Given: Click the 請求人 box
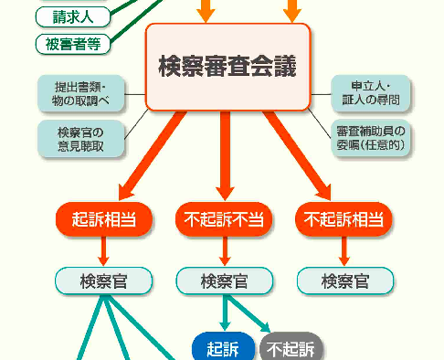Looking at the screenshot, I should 72,16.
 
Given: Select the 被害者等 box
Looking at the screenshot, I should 72,43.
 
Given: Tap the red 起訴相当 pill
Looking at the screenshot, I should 103,219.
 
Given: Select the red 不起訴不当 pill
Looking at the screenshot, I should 224,219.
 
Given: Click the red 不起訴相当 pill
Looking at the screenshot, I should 344,219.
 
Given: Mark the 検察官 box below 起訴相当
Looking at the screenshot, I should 103,281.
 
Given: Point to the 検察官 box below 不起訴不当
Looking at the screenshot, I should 224,281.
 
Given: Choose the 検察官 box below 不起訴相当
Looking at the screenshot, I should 344,281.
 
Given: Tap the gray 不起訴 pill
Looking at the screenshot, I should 291,348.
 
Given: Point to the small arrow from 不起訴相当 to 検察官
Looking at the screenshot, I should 344,249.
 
